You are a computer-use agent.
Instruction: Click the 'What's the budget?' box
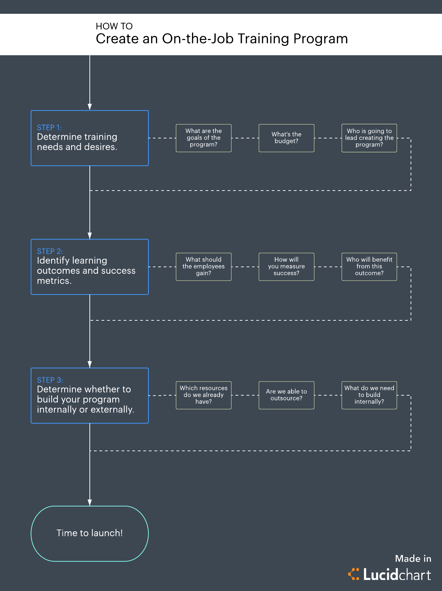pyautogui.click(x=286, y=138)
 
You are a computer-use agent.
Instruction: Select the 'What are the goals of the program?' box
pyautogui.click(x=203, y=138)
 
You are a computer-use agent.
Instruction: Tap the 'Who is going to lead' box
pyautogui.click(x=369, y=138)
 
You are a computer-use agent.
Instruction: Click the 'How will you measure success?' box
pyautogui.click(x=286, y=267)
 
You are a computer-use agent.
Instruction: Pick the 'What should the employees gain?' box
pyautogui.click(x=203, y=267)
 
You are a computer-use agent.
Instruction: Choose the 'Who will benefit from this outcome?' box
pyautogui.click(x=369, y=267)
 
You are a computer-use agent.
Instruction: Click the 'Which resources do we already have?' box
pyautogui.click(x=203, y=395)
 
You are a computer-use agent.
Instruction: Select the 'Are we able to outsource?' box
pyautogui.click(x=286, y=395)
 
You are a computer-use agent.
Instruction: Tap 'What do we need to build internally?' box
pyautogui.click(x=369, y=395)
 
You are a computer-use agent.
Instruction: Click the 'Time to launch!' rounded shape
pyautogui.click(x=89, y=533)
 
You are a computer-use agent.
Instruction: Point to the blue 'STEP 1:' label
pyautogui.click(x=49, y=127)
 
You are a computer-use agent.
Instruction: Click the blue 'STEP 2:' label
pyautogui.click(x=50, y=251)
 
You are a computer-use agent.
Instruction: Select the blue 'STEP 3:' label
pyautogui.click(x=50, y=380)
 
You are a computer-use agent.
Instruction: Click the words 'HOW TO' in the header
pyautogui.click(x=114, y=26)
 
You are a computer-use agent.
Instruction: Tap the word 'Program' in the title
pyautogui.click(x=320, y=39)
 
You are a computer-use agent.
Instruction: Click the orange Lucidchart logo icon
pyautogui.click(x=354, y=574)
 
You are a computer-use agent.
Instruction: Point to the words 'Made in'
pyautogui.click(x=413, y=559)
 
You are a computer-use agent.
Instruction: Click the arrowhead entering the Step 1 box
pyautogui.click(x=89, y=107)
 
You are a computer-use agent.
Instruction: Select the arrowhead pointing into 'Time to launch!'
pyautogui.click(x=89, y=502)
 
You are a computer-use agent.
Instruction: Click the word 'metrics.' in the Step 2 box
pyautogui.click(x=54, y=281)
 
